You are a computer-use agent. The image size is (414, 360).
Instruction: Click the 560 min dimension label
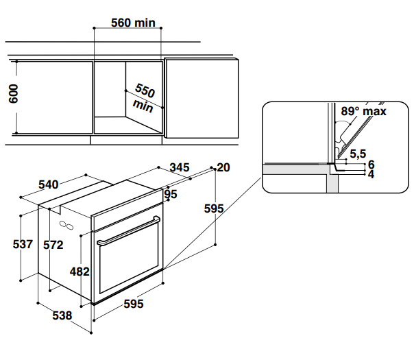pos(134,23)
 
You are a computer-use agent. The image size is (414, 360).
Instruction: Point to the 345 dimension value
pos(179,167)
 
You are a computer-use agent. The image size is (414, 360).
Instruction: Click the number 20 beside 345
pos(223,167)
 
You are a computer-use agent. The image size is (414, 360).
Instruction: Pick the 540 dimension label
pos(49,184)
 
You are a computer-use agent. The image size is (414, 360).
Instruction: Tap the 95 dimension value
pos(171,194)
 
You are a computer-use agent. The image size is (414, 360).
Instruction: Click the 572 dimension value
pos(53,245)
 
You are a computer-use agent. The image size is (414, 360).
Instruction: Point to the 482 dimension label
pos(80,272)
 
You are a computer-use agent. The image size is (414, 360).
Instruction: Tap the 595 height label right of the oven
pos(214,208)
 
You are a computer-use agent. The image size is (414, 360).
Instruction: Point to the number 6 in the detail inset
pos(371,164)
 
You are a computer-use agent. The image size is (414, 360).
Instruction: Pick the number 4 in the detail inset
pos(371,174)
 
